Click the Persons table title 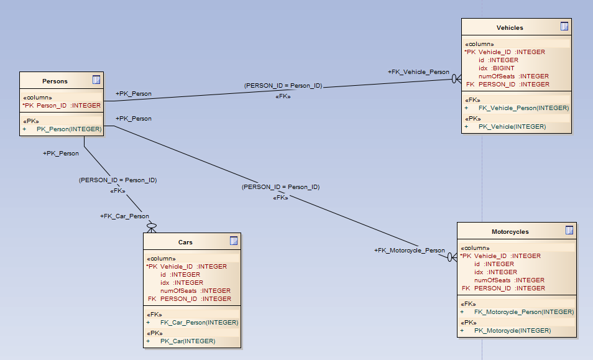coord(55,81)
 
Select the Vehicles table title coord(510,27)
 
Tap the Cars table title coord(185,242)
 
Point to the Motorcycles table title coord(510,231)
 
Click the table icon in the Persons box coord(96,80)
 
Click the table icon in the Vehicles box coord(564,26)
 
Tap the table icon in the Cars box coord(234,241)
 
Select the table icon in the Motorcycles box coord(569,230)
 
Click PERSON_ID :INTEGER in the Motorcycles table coord(509,288)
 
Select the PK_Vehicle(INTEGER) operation coord(512,127)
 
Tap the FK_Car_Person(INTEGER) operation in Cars coord(199,323)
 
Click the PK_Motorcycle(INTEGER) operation coord(512,331)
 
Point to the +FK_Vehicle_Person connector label coord(418,72)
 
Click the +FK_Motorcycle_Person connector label coord(409,251)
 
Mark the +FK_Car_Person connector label coord(124,216)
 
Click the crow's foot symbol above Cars coord(150,226)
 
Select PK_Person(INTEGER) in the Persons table coord(68,129)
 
